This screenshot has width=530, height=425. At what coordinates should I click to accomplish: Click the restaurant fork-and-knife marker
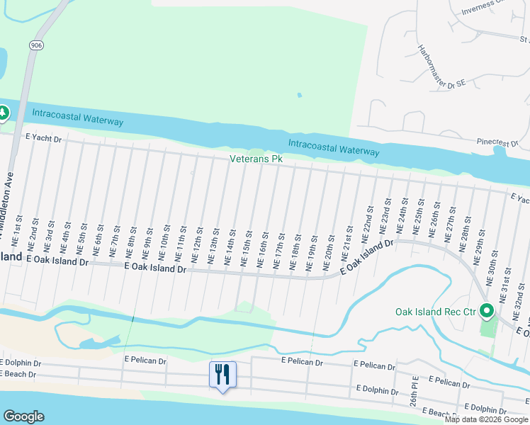[x=222, y=373]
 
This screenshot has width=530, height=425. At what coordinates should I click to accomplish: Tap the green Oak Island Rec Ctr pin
[x=487, y=311]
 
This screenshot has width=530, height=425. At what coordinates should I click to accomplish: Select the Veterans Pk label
[x=256, y=159]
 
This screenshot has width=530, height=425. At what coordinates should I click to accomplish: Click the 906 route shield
[x=36, y=45]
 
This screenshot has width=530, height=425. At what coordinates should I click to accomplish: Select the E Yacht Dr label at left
[x=44, y=139]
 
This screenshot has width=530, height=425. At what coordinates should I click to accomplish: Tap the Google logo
[x=24, y=416]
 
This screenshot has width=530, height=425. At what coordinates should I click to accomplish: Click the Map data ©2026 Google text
[x=485, y=419]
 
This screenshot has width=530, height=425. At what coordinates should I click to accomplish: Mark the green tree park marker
[x=4, y=113]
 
